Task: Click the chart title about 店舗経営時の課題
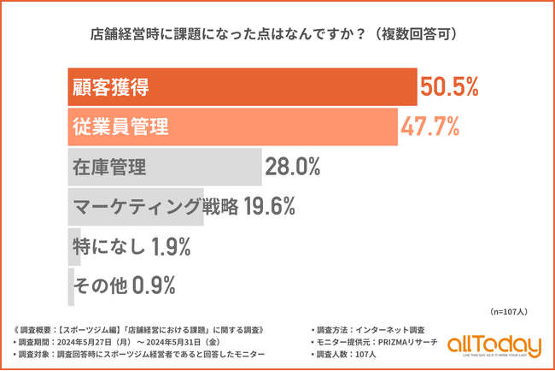277,35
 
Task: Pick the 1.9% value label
170,246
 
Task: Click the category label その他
98,285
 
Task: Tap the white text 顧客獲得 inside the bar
108,87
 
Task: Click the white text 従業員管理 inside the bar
118,127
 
